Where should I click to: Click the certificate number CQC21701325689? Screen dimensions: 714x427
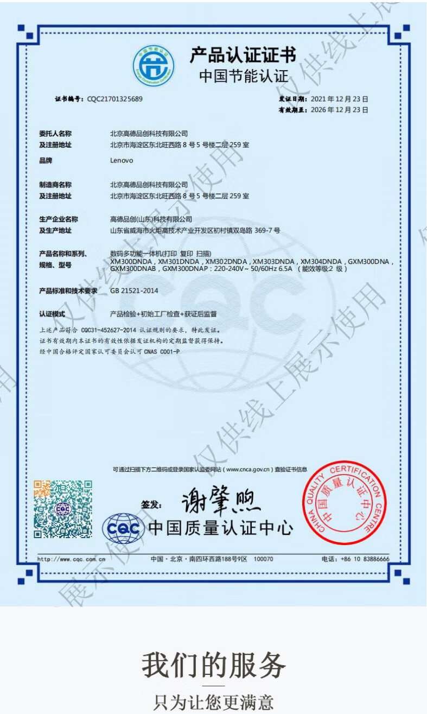(115, 99)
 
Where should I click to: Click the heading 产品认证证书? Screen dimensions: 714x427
(243, 55)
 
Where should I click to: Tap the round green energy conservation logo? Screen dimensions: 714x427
(154, 66)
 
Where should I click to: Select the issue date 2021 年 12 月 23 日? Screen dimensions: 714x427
(340, 99)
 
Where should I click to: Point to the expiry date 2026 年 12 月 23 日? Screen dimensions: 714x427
(340, 110)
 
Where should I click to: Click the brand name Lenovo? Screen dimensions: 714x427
(122, 161)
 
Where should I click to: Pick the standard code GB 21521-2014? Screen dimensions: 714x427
(134, 290)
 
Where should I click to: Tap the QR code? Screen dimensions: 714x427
(63, 509)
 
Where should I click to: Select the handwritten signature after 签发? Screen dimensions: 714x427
(220, 501)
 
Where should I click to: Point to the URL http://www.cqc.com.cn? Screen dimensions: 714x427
(71, 559)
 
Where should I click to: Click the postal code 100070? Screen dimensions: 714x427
(264, 559)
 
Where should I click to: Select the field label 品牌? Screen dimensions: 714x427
(46, 161)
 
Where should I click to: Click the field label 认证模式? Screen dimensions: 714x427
(52, 314)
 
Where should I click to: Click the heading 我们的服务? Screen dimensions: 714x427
(213, 665)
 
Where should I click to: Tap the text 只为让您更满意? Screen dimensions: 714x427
(213, 702)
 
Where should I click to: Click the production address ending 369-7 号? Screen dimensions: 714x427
(195, 230)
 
